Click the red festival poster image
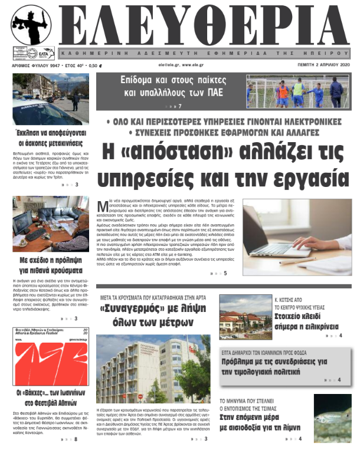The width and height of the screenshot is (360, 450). click(x=50, y=361)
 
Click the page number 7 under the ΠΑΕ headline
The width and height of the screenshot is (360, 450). click(x=179, y=106)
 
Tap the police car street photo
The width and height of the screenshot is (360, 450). click(x=50, y=98)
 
